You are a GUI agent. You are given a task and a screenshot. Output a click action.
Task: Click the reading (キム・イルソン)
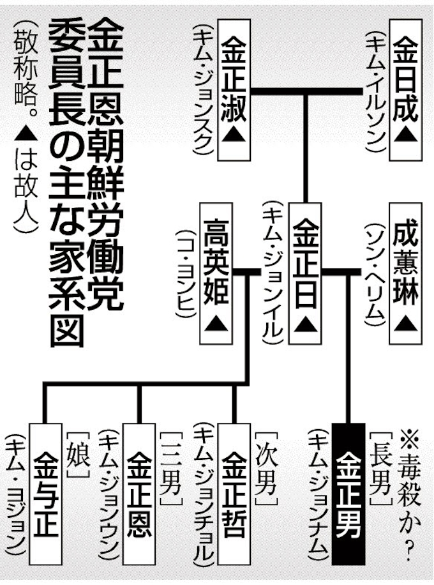pyautogui.click(x=376, y=89)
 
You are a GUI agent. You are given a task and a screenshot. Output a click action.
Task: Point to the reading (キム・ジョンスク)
pyautogui.click(x=204, y=89)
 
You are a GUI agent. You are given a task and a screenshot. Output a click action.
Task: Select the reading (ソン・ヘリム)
pyautogui.click(x=376, y=271)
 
